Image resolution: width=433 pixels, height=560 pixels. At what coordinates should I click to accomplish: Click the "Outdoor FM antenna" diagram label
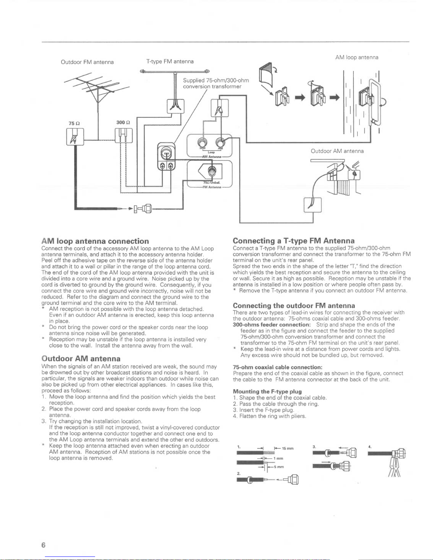click(x=87, y=62)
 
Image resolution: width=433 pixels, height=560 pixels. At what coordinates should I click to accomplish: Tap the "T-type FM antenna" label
click(x=170, y=61)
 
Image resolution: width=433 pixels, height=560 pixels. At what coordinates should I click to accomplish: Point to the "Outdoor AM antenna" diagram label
click(x=337, y=151)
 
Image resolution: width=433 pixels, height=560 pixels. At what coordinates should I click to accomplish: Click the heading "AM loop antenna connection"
click(x=95, y=241)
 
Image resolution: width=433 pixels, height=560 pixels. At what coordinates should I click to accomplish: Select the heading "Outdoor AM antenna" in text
click(x=81, y=359)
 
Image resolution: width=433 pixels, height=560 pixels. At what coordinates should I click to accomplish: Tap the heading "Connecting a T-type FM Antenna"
click(x=294, y=241)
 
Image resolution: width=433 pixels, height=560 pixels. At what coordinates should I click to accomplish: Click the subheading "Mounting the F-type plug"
click(x=267, y=391)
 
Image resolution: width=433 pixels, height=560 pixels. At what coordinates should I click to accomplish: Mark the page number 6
click(x=43, y=545)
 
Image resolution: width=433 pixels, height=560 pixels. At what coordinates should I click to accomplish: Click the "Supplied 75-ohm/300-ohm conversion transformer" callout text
click(x=216, y=83)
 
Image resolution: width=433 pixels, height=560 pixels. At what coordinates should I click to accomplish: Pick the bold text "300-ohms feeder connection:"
click(x=271, y=324)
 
